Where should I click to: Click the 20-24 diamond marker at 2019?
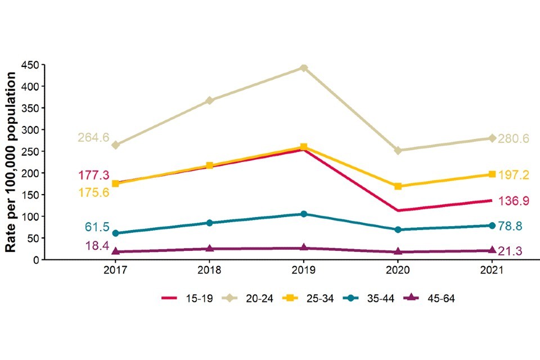point(304,68)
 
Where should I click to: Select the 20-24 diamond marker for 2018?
point(209,101)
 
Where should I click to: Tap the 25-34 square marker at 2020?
point(398,186)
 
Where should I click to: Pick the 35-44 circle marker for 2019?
point(304,214)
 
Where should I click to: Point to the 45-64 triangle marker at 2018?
point(209,249)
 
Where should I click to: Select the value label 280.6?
point(514,138)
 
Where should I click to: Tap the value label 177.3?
point(93,175)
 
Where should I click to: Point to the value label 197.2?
point(514,175)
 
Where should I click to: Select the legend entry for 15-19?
point(188,299)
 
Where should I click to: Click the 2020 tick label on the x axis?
point(398,270)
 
